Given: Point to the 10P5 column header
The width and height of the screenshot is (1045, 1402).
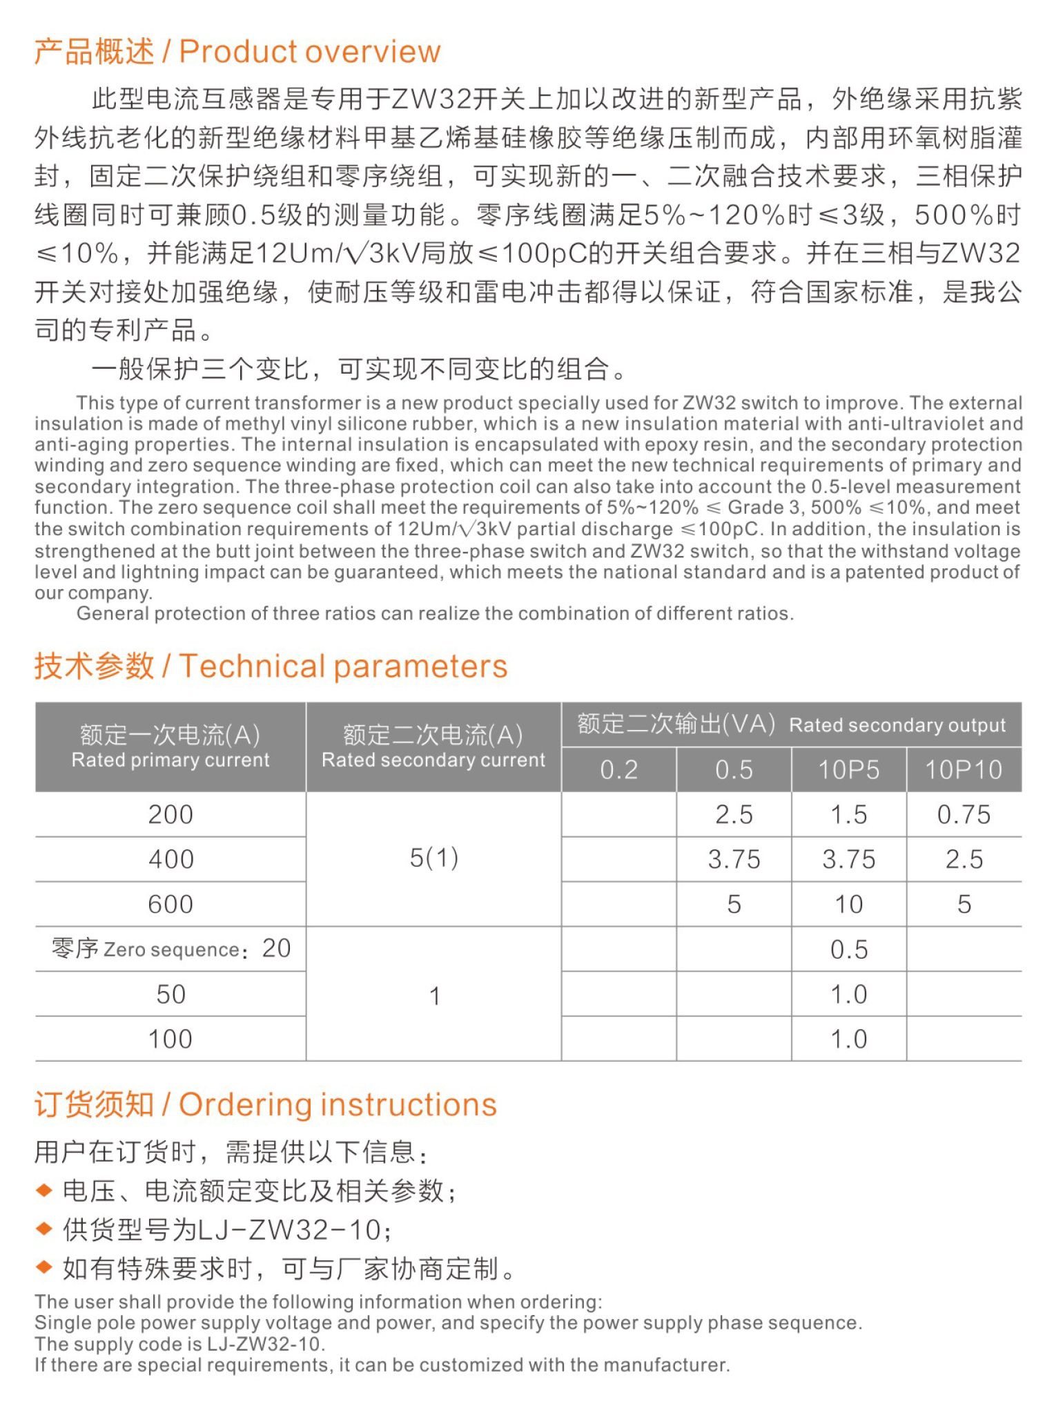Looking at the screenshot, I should pyautogui.click(x=848, y=770).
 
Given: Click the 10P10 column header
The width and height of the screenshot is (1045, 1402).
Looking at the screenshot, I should pyautogui.click(x=964, y=770).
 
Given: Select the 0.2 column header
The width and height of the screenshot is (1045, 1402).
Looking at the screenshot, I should pyautogui.click(x=618, y=770).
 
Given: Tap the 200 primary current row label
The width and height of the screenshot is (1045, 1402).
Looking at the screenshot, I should pyautogui.click(x=170, y=815).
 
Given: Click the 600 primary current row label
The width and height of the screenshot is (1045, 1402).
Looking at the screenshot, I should pyautogui.click(x=170, y=905).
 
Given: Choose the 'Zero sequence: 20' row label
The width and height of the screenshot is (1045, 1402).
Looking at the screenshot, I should pyautogui.click(x=170, y=949).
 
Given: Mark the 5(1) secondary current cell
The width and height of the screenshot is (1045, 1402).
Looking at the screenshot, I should pyautogui.click(x=433, y=858).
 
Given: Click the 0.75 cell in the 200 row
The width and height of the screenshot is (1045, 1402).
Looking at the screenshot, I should pyautogui.click(x=964, y=815).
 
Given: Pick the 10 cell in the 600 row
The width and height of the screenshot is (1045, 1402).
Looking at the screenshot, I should pyautogui.click(x=848, y=905).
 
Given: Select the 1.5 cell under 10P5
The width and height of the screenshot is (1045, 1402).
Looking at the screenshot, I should pyautogui.click(x=848, y=815).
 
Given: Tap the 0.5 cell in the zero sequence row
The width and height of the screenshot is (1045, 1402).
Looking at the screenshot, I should pyautogui.click(x=848, y=950).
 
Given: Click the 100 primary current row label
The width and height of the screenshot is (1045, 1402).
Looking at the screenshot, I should pyautogui.click(x=170, y=1039).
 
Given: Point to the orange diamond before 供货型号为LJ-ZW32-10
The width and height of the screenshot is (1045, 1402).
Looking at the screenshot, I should pyautogui.click(x=44, y=1229).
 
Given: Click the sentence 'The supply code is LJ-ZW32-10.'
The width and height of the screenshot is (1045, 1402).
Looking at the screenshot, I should pyautogui.click(x=179, y=1344).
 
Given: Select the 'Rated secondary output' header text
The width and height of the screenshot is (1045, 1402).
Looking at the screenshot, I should pyautogui.click(x=897, y=725).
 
